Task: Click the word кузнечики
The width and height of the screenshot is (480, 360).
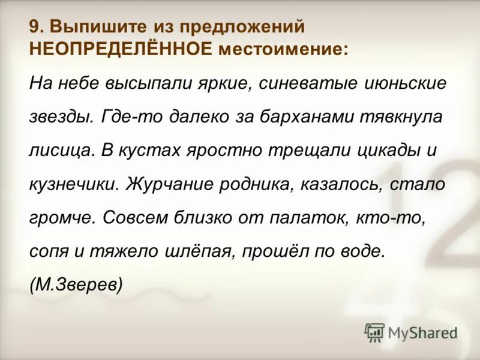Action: (x=73, y=184)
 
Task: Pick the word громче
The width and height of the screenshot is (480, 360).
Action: (x=62, y=217)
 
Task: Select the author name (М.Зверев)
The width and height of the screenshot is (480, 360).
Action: (x=76, y=284)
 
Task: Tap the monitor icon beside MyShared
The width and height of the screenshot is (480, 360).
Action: (x=375, y=332)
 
